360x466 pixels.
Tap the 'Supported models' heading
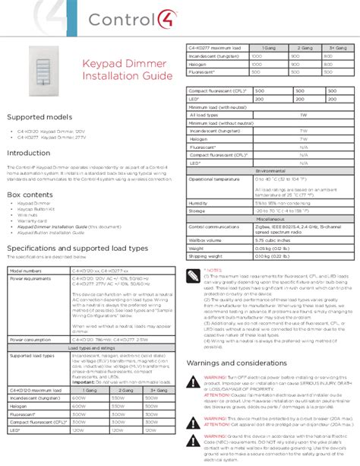point(39,117)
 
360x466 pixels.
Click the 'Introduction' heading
point(29,153)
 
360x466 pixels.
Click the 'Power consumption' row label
point(31,340)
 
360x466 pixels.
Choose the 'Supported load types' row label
point(32,355)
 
